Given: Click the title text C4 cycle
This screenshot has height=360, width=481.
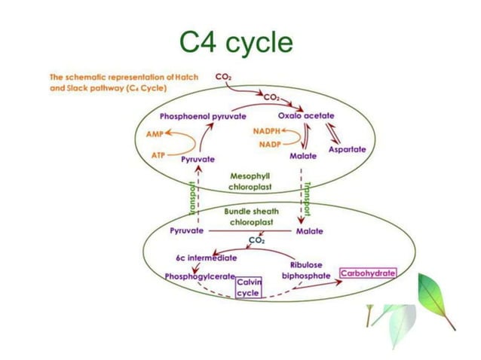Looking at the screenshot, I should (x=236, y=43).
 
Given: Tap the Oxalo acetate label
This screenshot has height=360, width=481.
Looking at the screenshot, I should (x=306, y=115).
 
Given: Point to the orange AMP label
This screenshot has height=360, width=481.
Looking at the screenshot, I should (x=153, y=132).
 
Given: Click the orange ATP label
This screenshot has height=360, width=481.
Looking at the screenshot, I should (x=158, y=154).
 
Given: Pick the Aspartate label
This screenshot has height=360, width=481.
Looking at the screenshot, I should (x=347, y=150).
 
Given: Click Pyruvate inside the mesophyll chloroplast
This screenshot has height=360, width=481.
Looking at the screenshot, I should (x=198, y=160).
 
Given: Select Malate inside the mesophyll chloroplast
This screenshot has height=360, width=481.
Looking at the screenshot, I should (x=302, y=156).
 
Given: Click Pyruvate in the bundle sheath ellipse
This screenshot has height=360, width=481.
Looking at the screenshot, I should (x=187, y=230).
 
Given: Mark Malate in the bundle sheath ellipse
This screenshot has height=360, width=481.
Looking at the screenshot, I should (x=309, y=231).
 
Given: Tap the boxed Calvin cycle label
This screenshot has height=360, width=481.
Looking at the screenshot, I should (x=248, y=287).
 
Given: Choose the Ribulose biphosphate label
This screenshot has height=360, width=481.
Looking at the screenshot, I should (x=306, y=270).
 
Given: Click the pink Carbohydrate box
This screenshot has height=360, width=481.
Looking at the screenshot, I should (x=368, y=272).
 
